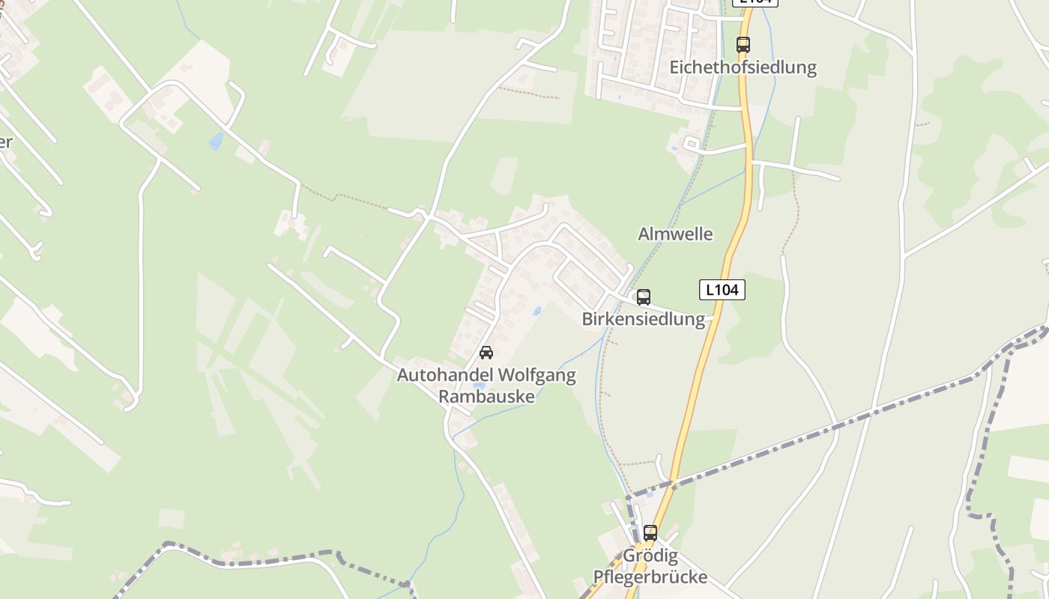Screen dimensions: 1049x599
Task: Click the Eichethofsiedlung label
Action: click(x=743, y=67)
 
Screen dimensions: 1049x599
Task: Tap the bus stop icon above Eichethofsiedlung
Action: click(x=743, y=44)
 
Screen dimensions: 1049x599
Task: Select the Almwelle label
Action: click(x=675, y=234)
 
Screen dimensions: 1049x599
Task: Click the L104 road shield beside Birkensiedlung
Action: click(x=722, y=290)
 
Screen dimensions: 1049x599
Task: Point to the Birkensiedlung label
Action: click(x=644, y=319)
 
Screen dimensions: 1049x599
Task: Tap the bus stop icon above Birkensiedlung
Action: click(x=644, y=297)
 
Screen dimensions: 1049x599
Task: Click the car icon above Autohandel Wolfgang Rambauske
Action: click(x=486, y=352)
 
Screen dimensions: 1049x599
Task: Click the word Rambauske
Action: click(x=486, y=396)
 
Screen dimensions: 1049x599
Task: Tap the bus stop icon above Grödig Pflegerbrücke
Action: click(x=650, y=533)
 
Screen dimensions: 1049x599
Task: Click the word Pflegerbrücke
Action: click(x=650, y=577)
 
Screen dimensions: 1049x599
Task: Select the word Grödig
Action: click(x=650, y=556)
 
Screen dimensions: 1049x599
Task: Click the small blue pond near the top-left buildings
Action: click(x=217, y=140)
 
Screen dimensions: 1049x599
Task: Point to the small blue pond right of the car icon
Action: click(x=536, y=311)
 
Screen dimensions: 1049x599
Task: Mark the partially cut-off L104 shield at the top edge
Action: click(x=755, y=2)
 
